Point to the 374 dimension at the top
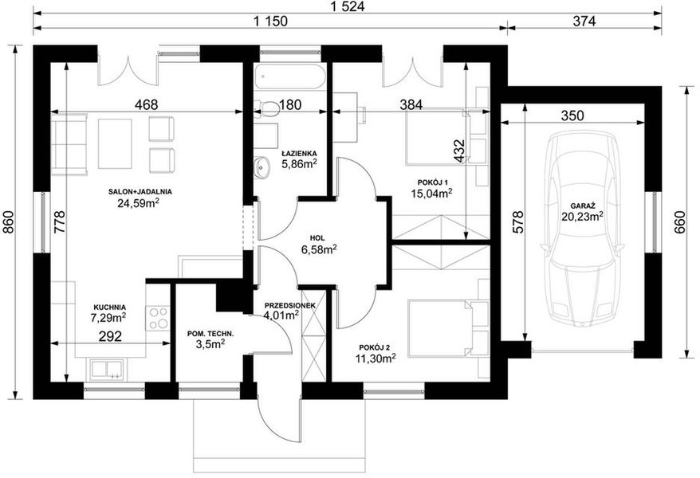[x=584, y=22]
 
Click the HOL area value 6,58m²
[x=320, y=250]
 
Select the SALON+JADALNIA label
[x=140, y=191]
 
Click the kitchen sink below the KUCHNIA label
[x=105, y=368]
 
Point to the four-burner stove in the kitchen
[x=158, y=317]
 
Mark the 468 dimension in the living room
[x=146, y=104]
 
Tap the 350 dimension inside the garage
[x=572, y=115]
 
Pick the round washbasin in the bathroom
[x=262, y=167]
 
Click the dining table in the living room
[x=115, y=143]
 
